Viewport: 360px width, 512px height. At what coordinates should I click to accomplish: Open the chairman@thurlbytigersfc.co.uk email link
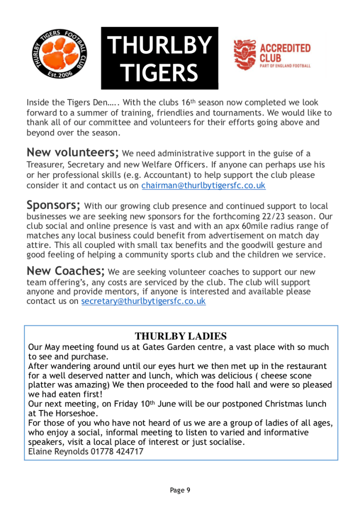pyautogui.click(x=203, y=185)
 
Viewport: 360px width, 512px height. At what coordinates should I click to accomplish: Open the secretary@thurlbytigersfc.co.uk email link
pyautogui.click(x=143, y=301)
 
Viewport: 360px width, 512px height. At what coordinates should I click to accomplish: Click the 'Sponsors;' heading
pyautogui.click(x=53, y=205)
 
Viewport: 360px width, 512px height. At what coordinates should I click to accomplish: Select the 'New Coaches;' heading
pyautogui.click(x=65, y=271)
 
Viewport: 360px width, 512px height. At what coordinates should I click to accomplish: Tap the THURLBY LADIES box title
pyautogui.click(x=180, y=335)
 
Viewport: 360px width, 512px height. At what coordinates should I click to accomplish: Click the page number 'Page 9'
pyautogui.click(x=180, y=490)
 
